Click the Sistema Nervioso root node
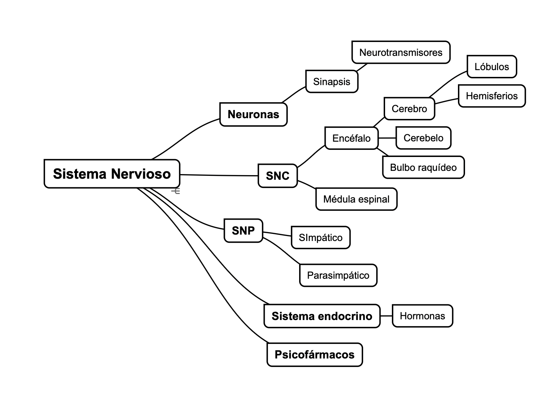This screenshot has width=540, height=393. coord(112,174)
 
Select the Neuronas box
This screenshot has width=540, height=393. coord(253,114)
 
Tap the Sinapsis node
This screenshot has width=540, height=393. coord(331,82)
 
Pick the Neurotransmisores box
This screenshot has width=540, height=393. coord(401,52)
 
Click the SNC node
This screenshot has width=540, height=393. coord(277,175)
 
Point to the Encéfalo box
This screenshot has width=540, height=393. coord(351,138)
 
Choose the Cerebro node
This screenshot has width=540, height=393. coord(409,109)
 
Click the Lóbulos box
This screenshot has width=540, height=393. coord(492,67)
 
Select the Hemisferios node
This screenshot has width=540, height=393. coord(492,96)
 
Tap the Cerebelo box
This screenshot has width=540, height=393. coord(423,138)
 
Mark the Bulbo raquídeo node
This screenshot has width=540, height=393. coord(423,167)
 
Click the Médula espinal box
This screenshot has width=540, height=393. coord(356,199)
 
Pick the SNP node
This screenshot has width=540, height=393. coord(243,231)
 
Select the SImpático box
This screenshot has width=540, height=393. coord(320,237)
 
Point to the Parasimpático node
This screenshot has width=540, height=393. coord(338,275)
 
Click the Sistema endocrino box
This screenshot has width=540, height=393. coord(322,316)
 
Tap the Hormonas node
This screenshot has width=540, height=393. coord(422,316)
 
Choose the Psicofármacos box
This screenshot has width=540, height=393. coord(314,355)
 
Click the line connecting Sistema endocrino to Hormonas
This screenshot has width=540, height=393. coord(386,316)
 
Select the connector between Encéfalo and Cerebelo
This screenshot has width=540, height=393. coord(387,138)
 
